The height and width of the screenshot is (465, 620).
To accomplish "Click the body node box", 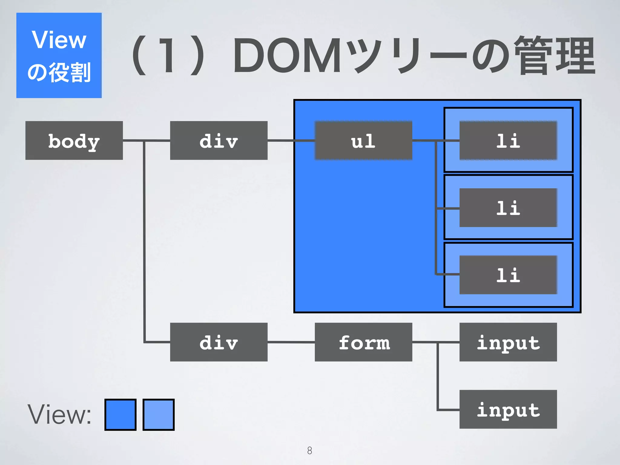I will [x=74, y=140].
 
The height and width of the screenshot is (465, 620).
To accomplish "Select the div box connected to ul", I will [x=219, y=140].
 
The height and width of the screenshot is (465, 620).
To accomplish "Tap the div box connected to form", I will [x=219, y=342].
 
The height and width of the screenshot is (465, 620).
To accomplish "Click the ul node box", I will [x=363, y=140].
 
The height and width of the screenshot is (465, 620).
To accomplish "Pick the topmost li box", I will [x=508, y=140].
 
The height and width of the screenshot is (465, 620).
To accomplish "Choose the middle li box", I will [x=508, y=208].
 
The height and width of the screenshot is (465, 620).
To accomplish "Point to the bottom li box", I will [x=508, y=275].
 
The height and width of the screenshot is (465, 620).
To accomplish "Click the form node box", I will [x=363, y=342].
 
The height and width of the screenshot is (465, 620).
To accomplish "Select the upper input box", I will [x=508, y=342].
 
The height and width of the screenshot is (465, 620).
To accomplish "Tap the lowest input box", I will [x=508, y=409].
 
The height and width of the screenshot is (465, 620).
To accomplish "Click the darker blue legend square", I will [x=120, y=414].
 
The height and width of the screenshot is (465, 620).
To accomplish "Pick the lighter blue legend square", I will [x=158, y=414].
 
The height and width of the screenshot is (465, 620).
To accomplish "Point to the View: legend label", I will [x=59, y=414].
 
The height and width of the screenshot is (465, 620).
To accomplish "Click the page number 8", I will [x=309, y=450].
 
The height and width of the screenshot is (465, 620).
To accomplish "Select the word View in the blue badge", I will [x=59, y=40].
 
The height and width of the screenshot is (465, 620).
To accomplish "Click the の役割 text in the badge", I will [x=59, y=73].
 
